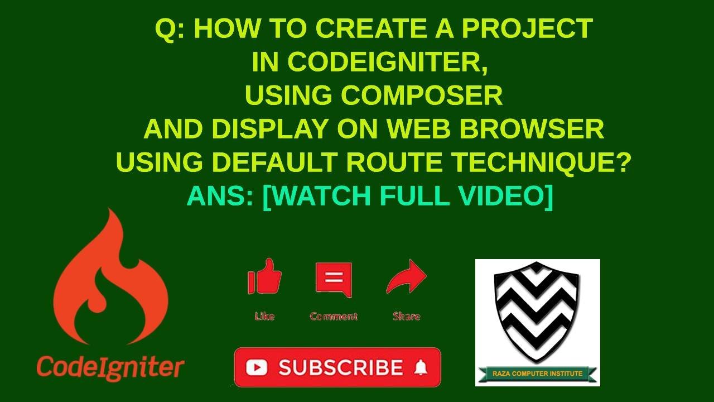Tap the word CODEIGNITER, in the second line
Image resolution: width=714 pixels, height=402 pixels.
click(370, 62)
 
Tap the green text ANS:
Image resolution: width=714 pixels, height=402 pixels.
click(220, 196)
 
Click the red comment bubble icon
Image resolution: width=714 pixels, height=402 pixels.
click(334, 279)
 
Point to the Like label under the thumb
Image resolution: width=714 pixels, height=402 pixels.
click(264, 317)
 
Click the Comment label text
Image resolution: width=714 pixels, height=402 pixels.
click(334, 317)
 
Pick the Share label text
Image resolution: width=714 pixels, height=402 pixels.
click(406, 317)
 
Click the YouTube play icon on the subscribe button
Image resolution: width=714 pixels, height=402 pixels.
click(256, 367)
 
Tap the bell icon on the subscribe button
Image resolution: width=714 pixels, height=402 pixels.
click(421, 367)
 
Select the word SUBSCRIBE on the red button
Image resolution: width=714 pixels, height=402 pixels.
click(340, 367)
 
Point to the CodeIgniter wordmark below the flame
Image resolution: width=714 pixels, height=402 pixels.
click(110, 367)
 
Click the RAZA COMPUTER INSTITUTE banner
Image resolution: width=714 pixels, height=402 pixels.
click(538, 374)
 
